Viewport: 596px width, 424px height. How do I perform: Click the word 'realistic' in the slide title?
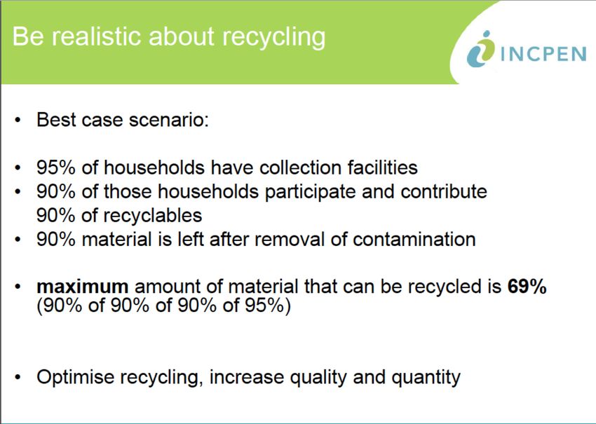[x=97, y=36]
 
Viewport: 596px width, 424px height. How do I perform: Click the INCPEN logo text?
[x=543, y=54]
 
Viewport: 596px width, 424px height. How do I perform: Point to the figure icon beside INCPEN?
[x=480, y=49]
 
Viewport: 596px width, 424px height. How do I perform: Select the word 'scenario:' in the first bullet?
[x=169, y=120]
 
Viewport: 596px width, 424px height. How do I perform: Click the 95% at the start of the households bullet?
[x=56, y=167]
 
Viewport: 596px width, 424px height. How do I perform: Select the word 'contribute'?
[x=444, y=191]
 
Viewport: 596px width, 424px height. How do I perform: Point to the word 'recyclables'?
[x=153, y=216]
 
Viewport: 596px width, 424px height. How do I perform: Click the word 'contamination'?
[x=414, y=240]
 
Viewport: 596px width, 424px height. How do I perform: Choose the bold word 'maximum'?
[x=83, y=287]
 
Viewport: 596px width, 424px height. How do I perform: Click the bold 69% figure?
[x=527, y=287]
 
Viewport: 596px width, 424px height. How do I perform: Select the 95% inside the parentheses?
[x=264, y=306]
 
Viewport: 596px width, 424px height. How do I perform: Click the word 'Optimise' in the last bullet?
[x=75, y=377]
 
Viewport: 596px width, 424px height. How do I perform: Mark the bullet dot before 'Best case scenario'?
[x=18, y=121]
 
